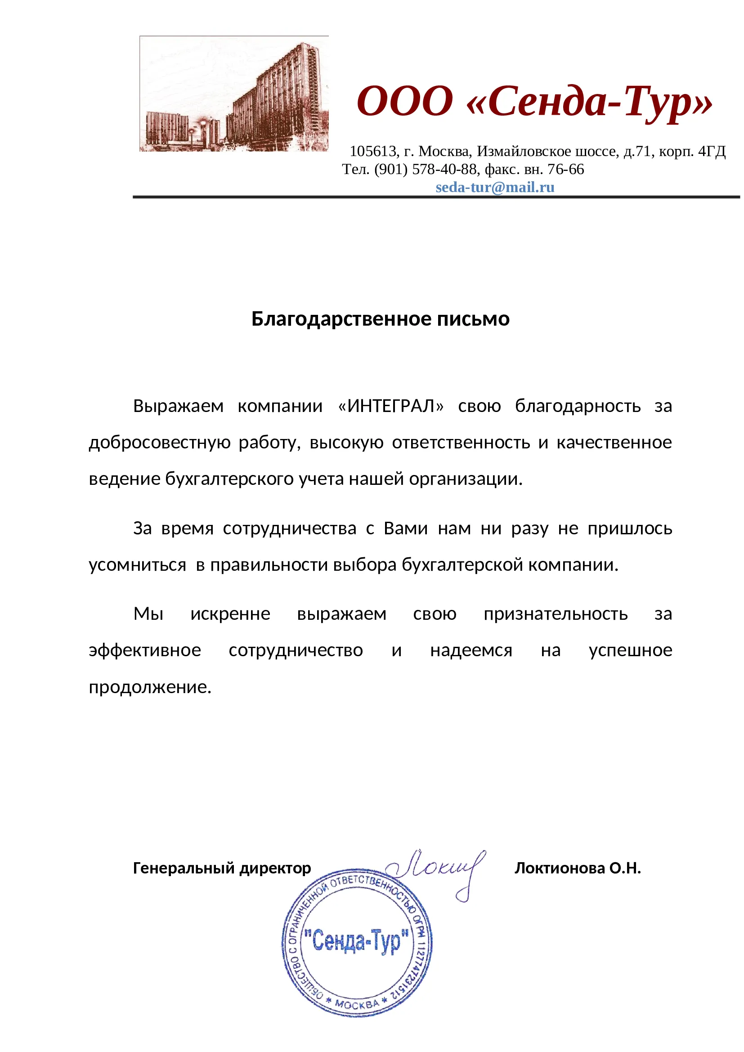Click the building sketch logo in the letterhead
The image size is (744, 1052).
[x=234, y=94]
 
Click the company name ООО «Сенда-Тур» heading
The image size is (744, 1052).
[x=534, y=102]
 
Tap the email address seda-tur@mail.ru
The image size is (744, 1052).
[x=495, y=188]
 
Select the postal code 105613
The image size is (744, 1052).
[x=373, y=151]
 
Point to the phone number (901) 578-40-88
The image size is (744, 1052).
[x=426, y=170]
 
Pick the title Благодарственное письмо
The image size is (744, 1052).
[x=380, y=319]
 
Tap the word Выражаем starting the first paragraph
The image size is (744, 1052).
[x=178, y=406]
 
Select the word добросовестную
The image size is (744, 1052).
[x=160, y=443]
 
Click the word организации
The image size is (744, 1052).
[x=466, y=479]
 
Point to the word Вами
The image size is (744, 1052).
[x=405, y=528]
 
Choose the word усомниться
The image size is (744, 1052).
[x=138, y=565]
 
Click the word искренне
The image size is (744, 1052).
[x=230, y=614]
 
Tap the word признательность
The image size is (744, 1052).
[x=555, y=614]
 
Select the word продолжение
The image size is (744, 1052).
[x=150, y=687]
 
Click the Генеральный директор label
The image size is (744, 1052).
[x=222, y=868]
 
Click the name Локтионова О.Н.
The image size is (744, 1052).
[x=577, y=868]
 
